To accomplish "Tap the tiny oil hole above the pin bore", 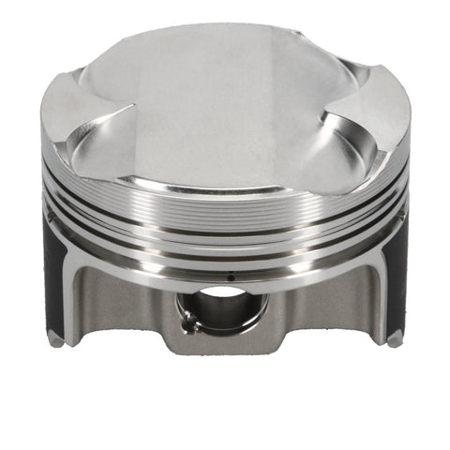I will pos(230,277).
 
